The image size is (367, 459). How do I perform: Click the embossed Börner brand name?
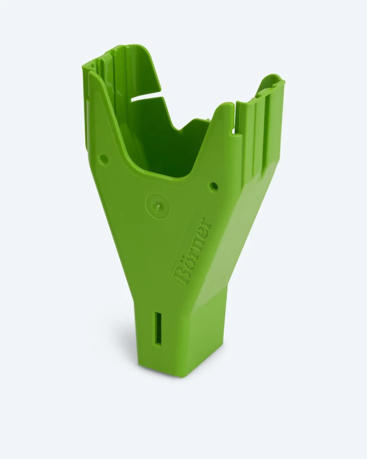[x=192, y=251]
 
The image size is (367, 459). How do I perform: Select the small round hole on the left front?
[x=104, y=159]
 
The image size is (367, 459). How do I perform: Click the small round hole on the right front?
[x=214, y=186]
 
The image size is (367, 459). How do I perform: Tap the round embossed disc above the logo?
[x=158, y=206]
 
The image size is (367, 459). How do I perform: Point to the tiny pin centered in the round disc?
[x=158, y=207]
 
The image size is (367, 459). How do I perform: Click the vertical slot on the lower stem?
[x=159, y=329]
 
